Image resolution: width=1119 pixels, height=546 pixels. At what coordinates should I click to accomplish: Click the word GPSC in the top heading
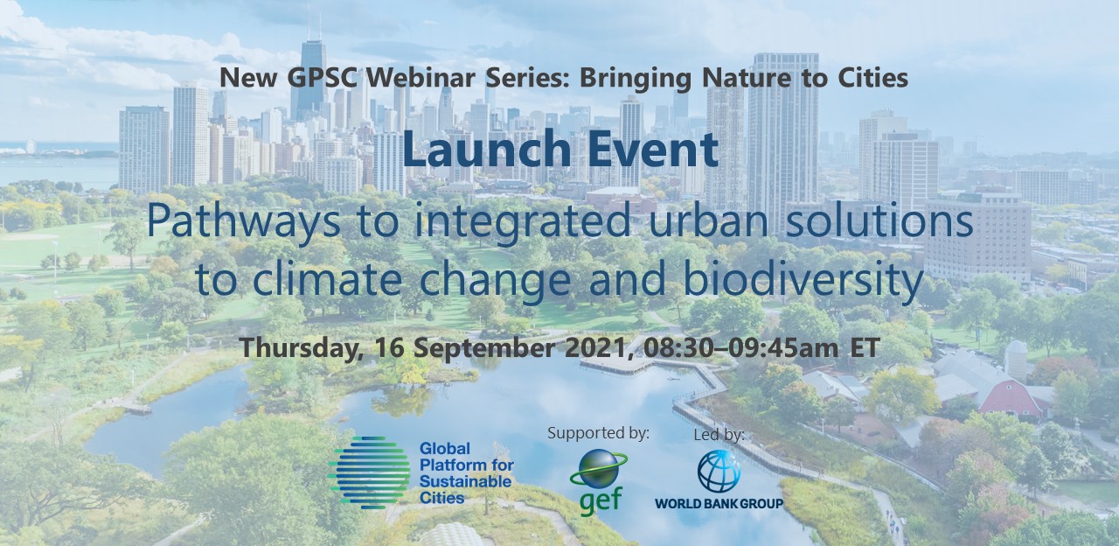(322, 78)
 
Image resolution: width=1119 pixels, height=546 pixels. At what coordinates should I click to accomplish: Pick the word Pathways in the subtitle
(244, 221)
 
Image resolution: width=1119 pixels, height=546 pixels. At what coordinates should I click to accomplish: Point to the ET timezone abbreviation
(865, 348)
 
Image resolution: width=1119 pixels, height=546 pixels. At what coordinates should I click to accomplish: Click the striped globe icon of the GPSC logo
(369, 472)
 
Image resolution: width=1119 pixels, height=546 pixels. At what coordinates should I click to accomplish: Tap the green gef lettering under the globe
(601, 500)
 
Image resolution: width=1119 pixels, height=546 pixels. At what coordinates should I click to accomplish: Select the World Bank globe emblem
(719, 472)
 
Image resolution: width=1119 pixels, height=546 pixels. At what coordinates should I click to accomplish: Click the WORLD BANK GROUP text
(719, 503)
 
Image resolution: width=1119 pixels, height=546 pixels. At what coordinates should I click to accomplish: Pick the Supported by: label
(599, 433)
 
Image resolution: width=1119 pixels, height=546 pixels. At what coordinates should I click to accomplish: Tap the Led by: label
(719, 435)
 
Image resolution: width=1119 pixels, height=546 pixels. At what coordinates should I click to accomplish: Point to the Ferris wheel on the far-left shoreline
(31, 146)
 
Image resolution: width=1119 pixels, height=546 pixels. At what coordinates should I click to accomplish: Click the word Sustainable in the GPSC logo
(466, 481)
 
